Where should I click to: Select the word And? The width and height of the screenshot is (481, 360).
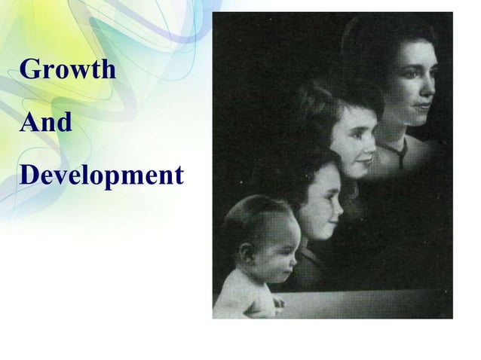click(x=46, y=123)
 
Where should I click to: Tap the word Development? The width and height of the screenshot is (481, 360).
click(x=102, y=176)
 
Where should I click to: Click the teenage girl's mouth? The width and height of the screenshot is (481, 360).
click(x=369, y=160)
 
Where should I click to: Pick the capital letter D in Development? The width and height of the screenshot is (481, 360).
click(x=29, y=176)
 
